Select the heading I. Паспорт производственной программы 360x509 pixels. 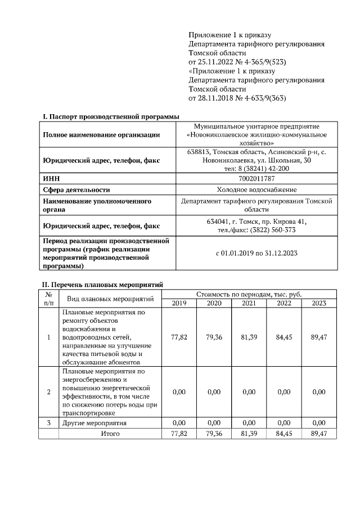[x=111, y=116]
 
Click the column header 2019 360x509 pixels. [x=179, y=304]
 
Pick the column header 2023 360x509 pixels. [x=319, y=304]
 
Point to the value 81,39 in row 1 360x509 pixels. [x=249, y=337]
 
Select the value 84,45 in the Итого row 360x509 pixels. [x=284, y=434]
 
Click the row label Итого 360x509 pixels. [x=110, y=434]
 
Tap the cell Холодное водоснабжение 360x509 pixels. [x=256, y=190]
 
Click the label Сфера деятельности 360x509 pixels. [x=76, y=190]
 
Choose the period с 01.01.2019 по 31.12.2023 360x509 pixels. [x=256, y=253]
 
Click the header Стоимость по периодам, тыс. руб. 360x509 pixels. [x=249, y=294]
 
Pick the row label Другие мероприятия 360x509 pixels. [x=94, y=423]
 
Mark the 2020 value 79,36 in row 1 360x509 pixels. [x=214, y=337]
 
